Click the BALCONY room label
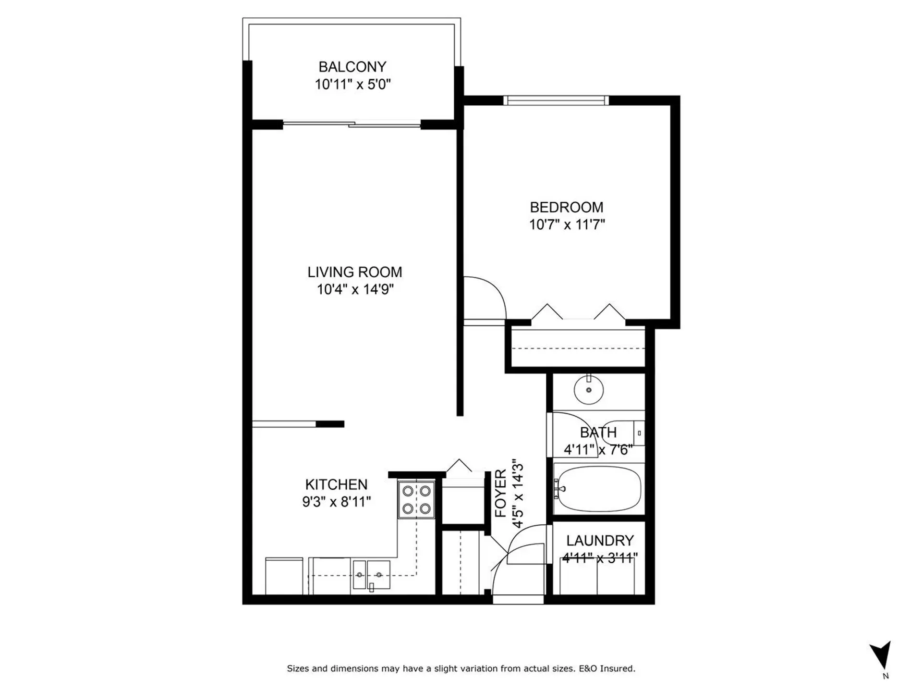[x=352, y=67]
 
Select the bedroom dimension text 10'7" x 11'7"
[x=567, y=224]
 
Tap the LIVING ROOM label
[x=354, y=272]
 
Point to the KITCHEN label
[x=336, y=484]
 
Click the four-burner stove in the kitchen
[x=416, y=500]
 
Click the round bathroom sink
[x=589, y=390]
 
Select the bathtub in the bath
[x=598, y=490]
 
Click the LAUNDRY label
[x=600, y=541]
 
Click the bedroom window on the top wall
[x=556, y=100]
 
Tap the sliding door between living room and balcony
[x=352, y=124]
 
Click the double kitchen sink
[x=371, y=575]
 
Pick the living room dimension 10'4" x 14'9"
[x=355, y=289]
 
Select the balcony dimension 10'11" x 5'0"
[x=352, y=85]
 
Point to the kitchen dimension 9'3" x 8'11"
[x=336, y=502]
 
